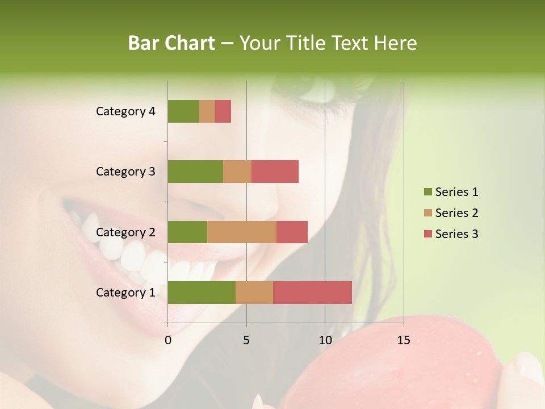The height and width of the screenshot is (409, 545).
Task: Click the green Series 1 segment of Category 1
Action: (202, 293)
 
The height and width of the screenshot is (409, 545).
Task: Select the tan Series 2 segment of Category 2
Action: (242, 232)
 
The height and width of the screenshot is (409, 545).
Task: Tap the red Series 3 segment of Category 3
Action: (275, 172)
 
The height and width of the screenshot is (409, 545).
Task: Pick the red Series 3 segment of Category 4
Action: (223, 111)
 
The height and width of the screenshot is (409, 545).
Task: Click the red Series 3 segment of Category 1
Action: (312, 293)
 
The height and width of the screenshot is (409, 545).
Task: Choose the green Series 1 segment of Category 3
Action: (195, 172)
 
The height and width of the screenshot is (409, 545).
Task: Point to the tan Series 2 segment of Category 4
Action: (207, 111)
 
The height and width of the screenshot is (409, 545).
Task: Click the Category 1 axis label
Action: (125, 293)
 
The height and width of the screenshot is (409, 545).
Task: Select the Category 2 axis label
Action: (125, 232)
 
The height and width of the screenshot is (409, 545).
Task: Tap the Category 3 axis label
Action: (125, 172)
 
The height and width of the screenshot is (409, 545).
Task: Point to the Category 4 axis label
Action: (125, 111)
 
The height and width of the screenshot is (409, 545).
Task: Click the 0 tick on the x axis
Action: (168, 340)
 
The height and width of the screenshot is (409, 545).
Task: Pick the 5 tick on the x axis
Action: (246, 340)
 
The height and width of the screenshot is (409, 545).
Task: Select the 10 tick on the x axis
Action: (325, 340)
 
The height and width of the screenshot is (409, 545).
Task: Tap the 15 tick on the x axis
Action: (404, 340)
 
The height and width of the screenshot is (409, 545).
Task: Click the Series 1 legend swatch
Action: (427, 192)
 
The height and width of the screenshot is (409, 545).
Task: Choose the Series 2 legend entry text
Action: (456, 213)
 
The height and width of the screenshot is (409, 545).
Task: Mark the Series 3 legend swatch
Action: (427, 234)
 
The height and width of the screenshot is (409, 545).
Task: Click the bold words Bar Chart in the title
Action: (171, 43)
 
